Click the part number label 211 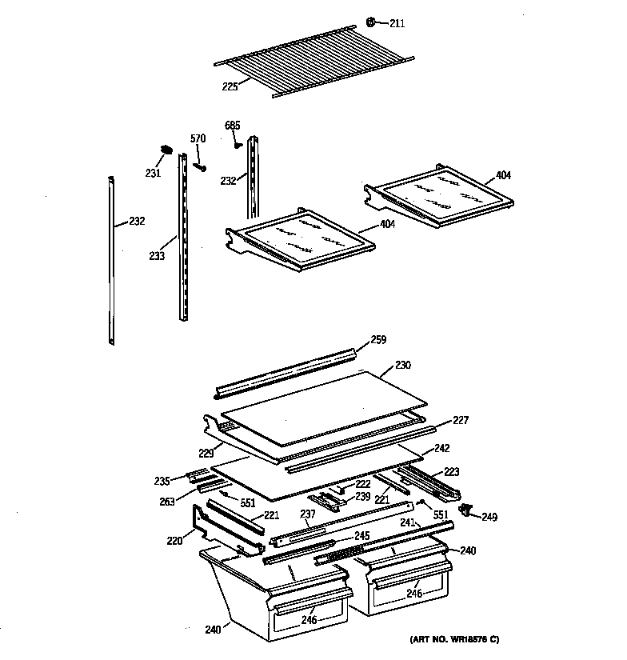point(397,23)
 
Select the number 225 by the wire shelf point(230,86)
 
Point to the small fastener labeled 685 point(238,144)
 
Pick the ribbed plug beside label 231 point(166,150)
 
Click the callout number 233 point(157,256)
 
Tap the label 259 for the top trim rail point(377,340)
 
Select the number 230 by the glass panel point(403,366)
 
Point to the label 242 point(441,449)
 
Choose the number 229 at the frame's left point(205,454)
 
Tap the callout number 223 point(452,471)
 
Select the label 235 point(162,481)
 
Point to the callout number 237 point(307,514)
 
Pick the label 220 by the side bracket point(174,540)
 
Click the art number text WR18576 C point(453,639)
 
